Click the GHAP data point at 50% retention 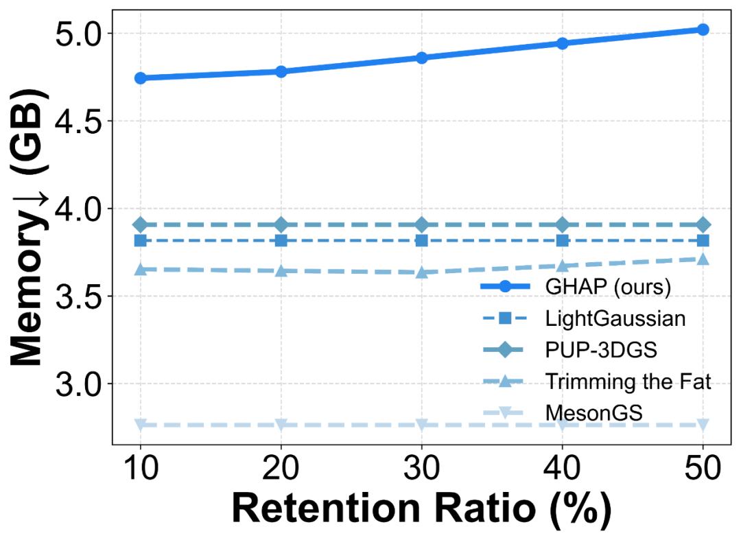[x=703, y=30]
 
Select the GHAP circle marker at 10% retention [x=141, y=78]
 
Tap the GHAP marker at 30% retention [x=422, y=58]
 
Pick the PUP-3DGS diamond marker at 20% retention [x=281, y=224]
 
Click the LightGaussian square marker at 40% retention [x=563, y=240]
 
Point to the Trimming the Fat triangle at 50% [x=703, y=259]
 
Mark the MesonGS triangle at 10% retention [x=141, y=425]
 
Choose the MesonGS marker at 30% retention [x=422, y=425]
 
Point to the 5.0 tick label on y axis [x=77, y=33]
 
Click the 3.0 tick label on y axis [x=77, y=384]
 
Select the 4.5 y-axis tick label [x=77, y=121]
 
